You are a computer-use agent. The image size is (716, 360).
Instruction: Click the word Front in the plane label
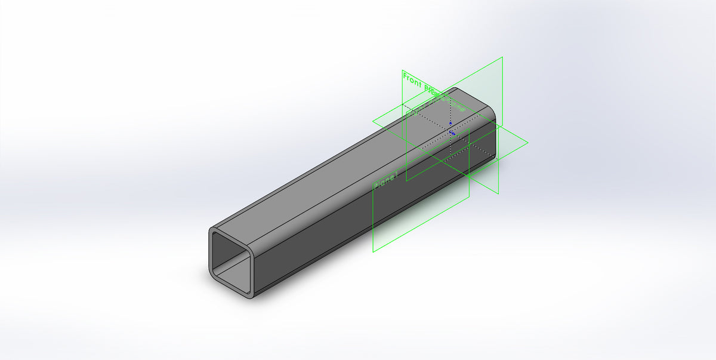point(412,79)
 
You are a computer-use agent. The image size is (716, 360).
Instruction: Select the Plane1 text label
point(385,181)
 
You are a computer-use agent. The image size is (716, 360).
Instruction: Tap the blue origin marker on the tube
point(452,133)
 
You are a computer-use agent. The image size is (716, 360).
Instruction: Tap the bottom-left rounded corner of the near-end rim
point(212,274)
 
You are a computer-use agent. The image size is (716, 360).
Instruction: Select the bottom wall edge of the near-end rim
point(230,285)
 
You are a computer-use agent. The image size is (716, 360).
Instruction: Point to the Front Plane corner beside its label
point(402,71)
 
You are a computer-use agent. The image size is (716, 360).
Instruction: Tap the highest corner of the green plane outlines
point(502,57)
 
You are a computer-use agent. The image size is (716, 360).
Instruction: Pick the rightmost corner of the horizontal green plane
point(527,143)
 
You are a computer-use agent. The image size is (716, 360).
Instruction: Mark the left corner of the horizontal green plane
point(373,122)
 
